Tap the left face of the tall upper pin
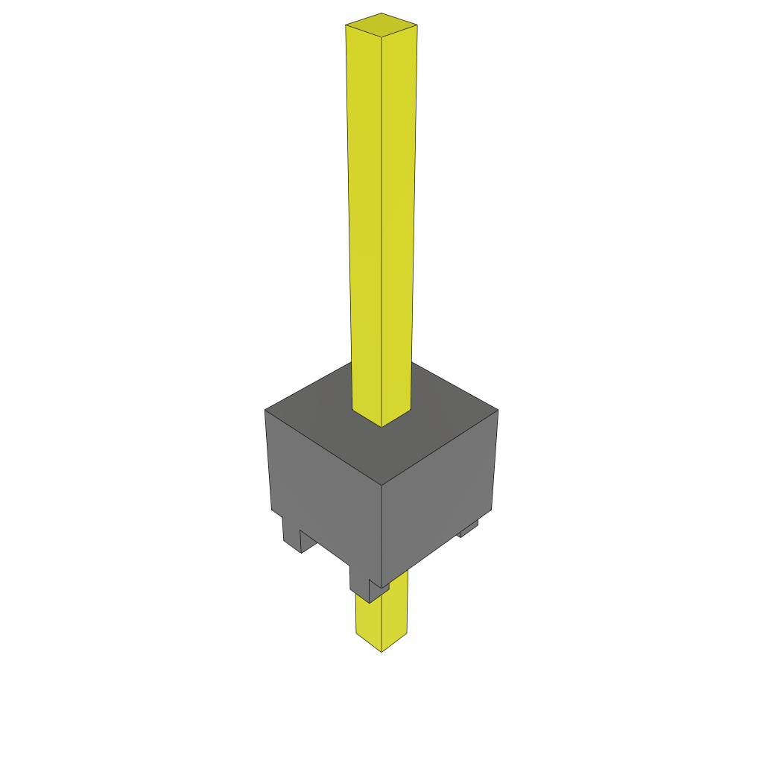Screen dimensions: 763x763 [364, 224]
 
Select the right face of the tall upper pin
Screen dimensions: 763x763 [399, 224]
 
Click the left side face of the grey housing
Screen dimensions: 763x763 [324, 492]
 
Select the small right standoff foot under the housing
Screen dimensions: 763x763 [468, 530]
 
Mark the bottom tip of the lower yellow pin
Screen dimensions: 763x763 [381, 651]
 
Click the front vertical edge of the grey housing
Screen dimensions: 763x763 [382, 536]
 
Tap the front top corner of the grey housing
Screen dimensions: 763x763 [382, 485]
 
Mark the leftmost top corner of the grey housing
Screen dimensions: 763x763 [265, 411]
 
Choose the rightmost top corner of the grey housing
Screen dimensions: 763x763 [498, 410]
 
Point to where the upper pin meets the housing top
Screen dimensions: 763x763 [381, 425]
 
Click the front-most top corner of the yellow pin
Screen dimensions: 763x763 [381, 36]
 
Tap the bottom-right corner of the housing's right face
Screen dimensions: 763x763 [493, 510]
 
